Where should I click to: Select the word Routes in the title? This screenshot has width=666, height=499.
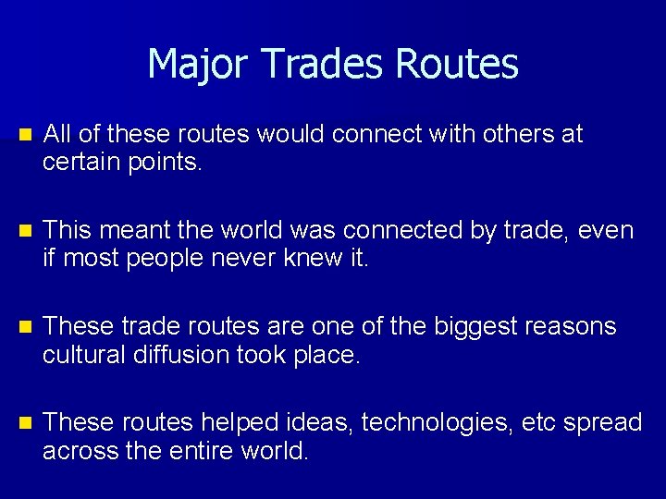coord(456,64)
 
